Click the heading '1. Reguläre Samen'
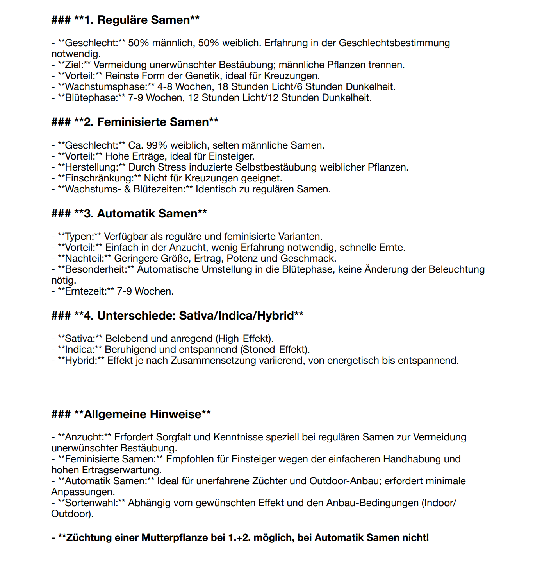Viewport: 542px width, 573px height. [143, 20]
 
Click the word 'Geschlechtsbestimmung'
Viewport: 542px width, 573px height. [394, 43]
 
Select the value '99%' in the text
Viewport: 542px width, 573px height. [157, 145]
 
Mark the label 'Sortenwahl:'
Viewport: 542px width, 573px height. [91, 503]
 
